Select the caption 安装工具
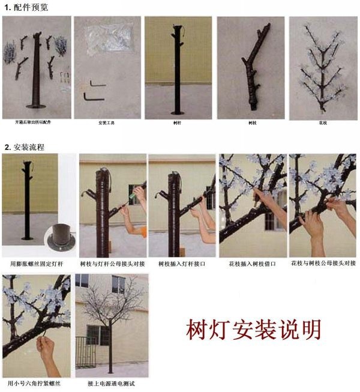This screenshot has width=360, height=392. tap(106, 123)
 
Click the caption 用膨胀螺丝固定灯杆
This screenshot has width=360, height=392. tap(38, 264)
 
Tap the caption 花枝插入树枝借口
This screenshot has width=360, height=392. tap(252, 264)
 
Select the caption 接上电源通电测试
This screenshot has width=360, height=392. tap(111, 382)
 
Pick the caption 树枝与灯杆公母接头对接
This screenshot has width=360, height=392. tap(112, 264)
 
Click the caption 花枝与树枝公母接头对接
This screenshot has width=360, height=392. tap(323, 264)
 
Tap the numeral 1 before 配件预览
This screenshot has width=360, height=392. tap(6, 7)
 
